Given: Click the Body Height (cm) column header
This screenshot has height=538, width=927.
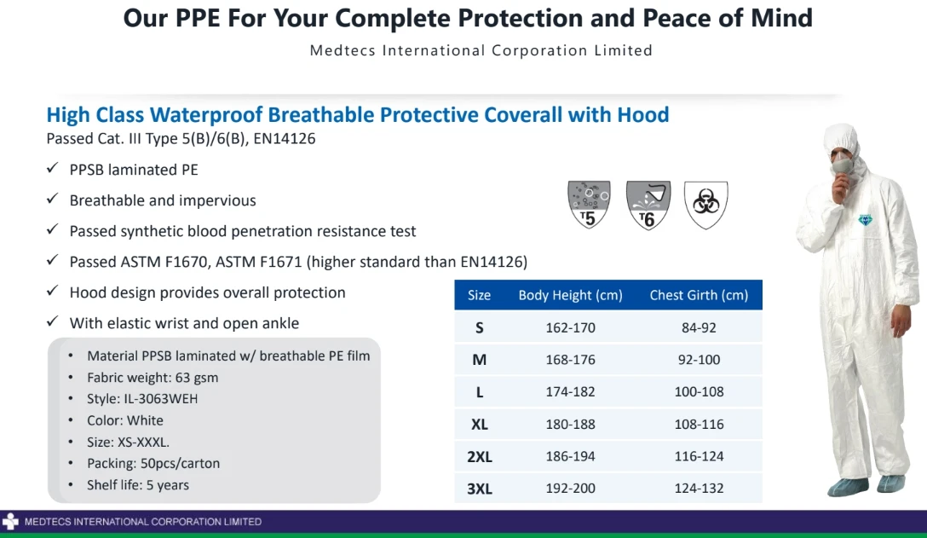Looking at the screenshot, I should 570,295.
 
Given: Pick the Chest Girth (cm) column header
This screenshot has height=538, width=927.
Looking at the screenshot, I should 699,295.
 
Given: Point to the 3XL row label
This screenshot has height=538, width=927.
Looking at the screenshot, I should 480,489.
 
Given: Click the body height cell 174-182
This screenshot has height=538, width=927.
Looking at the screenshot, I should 570,392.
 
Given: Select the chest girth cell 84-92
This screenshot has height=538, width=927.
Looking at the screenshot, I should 699,327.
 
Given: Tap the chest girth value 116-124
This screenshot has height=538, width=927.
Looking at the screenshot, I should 699,456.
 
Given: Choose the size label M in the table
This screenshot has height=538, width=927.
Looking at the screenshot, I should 480,360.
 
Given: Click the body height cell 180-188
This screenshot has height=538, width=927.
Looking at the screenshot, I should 570,425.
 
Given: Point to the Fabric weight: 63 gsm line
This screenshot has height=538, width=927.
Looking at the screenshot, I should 153,377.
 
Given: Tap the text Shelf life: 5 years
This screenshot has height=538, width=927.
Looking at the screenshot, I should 138,485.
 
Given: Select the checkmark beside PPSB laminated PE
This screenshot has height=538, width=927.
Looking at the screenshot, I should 53,170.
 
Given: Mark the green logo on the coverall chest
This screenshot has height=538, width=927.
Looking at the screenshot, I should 867,221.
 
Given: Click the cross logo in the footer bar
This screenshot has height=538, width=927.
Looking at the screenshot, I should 10,521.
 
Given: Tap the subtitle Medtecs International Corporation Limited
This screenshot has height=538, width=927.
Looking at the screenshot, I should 481,50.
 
